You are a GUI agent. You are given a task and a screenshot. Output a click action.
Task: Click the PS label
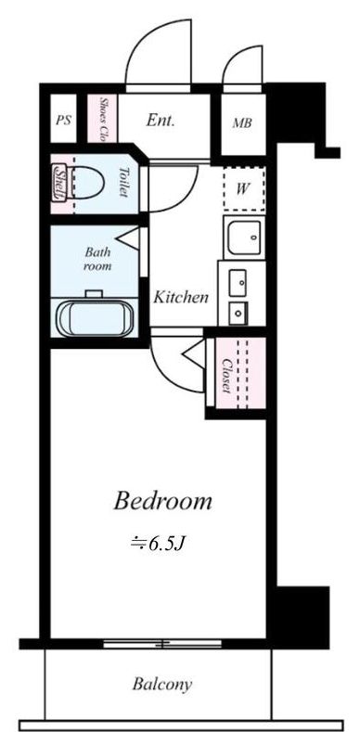(63, 120)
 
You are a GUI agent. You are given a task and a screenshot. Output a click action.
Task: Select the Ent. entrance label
(161, 121)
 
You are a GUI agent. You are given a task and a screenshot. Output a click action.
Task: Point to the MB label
(243, 123)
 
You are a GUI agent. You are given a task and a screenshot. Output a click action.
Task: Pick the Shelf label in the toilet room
(59, 182)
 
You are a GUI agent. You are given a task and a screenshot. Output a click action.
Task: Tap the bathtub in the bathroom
(96, 318)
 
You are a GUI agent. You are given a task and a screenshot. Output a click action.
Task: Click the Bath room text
(98, 259)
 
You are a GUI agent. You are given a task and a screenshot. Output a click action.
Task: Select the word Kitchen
(181, 297)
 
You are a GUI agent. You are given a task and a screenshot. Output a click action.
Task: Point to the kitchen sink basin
(243, 238)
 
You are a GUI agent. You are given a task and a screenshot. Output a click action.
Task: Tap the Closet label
(227, 375)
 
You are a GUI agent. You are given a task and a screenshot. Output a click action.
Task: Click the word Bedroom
(163, 501)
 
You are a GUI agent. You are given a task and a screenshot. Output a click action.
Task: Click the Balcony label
(162, 685)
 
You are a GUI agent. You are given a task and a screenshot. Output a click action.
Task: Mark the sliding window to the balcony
(162, 644)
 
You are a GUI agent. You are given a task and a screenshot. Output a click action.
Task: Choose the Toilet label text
(123, 182)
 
